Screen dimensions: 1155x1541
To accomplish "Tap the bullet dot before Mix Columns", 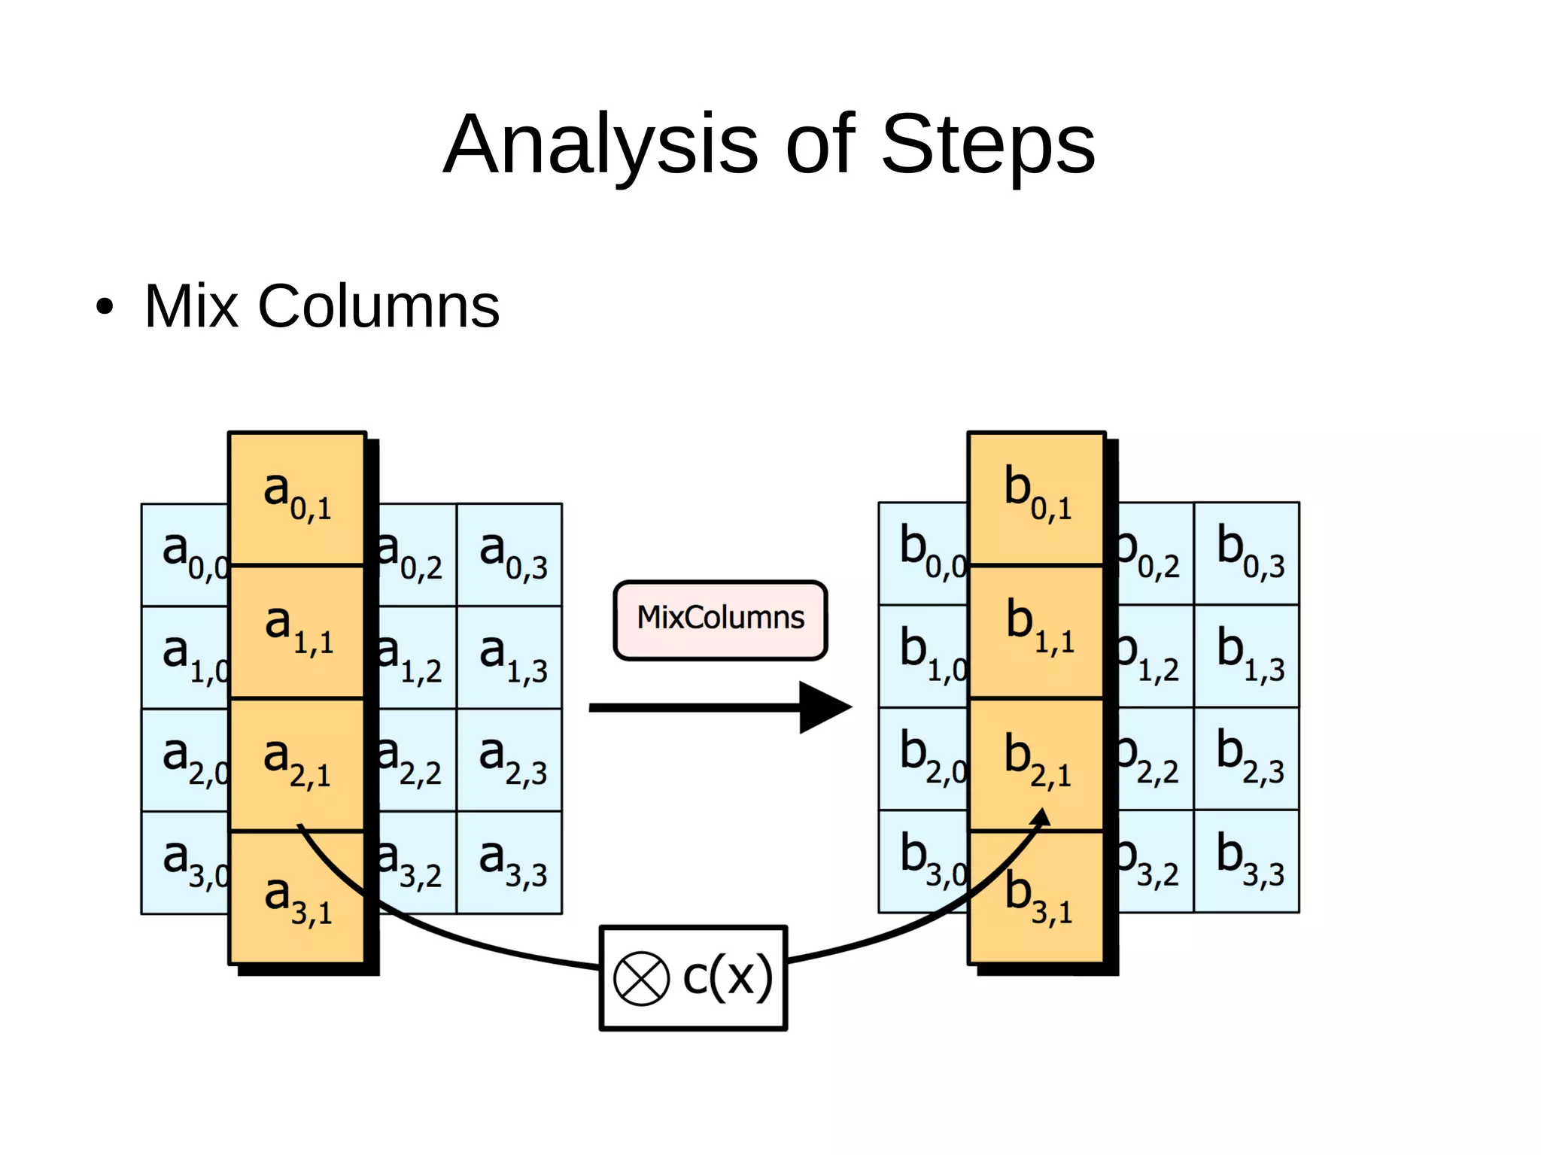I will tap(105, 307).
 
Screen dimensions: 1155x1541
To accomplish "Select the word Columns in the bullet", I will tap(378, 307).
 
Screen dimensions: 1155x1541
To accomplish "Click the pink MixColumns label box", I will tap(720, 620).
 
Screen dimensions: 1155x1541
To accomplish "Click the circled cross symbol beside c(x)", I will tap(641, 978).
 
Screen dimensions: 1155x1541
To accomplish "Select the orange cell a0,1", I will tap(297, 497).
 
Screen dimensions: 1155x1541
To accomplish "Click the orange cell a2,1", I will tap(297, 764).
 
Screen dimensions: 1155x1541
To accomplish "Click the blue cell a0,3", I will tap(510, 555).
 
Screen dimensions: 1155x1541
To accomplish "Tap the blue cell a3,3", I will tap(510, 862).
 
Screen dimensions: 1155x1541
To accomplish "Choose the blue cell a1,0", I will tap(185, 657).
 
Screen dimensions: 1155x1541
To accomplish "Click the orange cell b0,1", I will tap(1037, 497).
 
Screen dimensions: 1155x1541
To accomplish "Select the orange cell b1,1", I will tap(1037, 631).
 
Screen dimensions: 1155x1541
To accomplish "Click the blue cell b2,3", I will tap(1247, 758).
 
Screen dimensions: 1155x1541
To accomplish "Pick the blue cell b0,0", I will tap(923, 553).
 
